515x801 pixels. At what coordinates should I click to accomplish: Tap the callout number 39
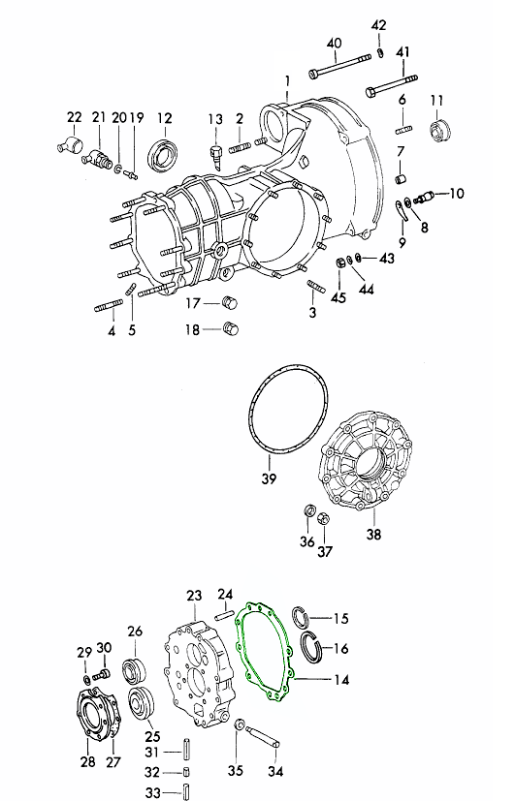coord(269,478)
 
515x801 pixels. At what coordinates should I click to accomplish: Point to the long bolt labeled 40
coord(339,66)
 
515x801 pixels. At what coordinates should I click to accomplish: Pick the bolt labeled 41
coord(391,85)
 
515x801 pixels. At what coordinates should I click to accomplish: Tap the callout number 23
coord(194,596)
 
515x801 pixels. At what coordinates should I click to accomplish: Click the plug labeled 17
coord(230,302)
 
